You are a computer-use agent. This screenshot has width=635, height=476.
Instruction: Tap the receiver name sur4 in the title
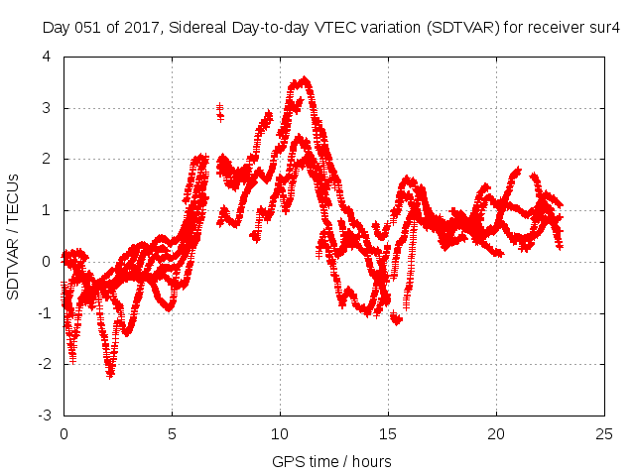point(603,28)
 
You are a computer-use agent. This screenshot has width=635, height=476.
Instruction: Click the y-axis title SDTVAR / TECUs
point(14,235)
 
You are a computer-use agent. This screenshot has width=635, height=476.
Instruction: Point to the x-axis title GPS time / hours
point(331,461)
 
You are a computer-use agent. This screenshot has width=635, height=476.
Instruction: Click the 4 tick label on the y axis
point(48,57)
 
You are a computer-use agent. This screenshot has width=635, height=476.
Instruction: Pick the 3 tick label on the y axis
point(48,108)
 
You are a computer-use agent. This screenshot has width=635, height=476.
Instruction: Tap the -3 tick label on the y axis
point(45,416)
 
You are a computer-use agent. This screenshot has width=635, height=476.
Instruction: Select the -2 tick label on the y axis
point(45,364)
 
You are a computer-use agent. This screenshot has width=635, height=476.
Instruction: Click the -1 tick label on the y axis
point(45,312)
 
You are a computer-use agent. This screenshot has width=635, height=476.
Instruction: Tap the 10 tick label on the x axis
point(280,433)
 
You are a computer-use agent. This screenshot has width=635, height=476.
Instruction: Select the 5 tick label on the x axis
point(172,433)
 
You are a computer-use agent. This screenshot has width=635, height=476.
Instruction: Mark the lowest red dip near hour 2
point(110,373)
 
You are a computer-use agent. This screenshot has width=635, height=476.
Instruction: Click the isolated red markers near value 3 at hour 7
point(219,111)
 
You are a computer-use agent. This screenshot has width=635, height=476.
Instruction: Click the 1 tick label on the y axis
point(48,210)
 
